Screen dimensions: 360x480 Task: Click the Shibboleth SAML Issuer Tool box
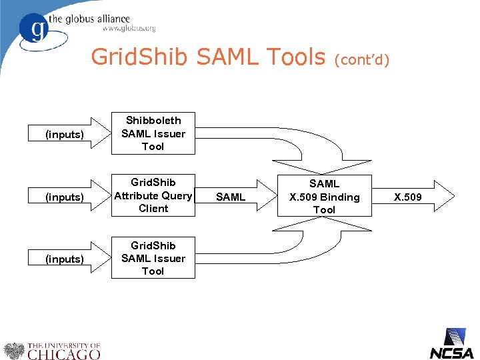pyautogui.click(x=153, y=133)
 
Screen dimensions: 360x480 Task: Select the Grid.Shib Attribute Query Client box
pyautogui.click(x=153, y=195)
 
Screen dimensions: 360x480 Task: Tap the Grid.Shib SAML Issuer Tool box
pyautogui.click(x=153, y=258)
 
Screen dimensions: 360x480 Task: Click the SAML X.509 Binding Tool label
pyautogui.click(x=324, y=197)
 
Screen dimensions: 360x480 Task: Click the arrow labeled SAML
pyautogui.click(x=233, y=197)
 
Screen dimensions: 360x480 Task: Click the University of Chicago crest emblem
pyautogui.click(x=13, y=351)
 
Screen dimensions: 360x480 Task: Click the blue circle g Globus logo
pyautogui.click(x=36, y=30)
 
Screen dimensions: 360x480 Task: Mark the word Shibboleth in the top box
pyautogui.click(x=153, y=121)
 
